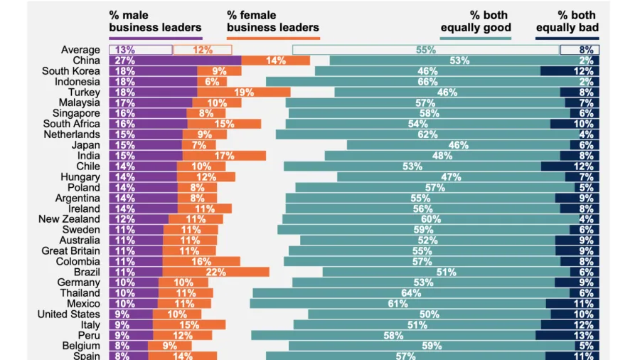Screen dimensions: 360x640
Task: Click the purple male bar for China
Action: tap(174, 60)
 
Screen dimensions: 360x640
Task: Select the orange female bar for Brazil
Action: tap(215, 272)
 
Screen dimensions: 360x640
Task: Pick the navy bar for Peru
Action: tap(567, 335)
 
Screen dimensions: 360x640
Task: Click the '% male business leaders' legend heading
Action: tap(155, 21)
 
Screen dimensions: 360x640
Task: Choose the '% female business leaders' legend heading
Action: tap(273, 21)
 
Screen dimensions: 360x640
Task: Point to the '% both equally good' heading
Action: tap(476, 21)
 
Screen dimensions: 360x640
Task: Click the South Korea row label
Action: tap(70, 71)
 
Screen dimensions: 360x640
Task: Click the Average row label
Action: tap(80, 50)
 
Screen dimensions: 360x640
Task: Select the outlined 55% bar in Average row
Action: tap(425, 50)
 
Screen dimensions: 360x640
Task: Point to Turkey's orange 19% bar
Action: tap(244, 92)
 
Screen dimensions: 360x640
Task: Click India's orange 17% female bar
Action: tap(224, 156)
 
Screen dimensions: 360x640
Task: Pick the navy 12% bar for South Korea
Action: tap(569, 71)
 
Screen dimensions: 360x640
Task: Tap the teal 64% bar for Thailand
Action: tap(411, 293)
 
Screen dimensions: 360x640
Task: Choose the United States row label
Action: tap(69, 314)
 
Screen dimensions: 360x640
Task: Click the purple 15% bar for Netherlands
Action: tap(146, 134)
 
